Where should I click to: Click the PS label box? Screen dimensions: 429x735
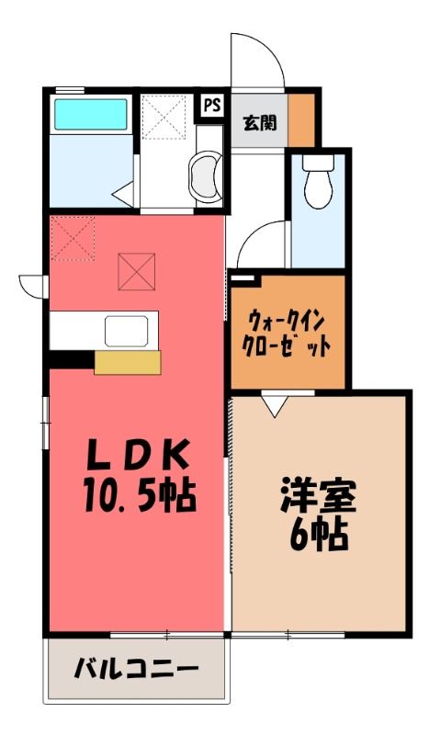211,105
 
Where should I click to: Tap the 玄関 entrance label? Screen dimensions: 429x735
259,123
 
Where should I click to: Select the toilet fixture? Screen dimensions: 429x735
318,181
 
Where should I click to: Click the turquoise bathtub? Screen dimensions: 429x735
91,114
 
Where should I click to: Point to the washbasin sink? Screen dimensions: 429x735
205,176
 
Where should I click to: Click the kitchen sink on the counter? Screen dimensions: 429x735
127,331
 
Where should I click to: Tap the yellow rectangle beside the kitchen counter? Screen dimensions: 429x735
128,362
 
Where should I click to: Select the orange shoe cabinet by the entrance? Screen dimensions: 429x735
301,120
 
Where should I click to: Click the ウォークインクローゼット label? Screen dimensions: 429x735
287,334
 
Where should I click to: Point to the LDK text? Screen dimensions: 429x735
139,454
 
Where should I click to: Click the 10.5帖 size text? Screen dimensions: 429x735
140,495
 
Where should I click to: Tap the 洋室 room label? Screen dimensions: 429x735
319,496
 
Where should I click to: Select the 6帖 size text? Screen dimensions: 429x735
319,535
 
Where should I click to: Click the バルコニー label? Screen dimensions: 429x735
136,668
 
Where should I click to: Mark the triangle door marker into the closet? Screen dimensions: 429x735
277,405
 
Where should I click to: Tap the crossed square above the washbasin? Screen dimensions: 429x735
164,118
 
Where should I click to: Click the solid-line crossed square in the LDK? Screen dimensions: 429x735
137,271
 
